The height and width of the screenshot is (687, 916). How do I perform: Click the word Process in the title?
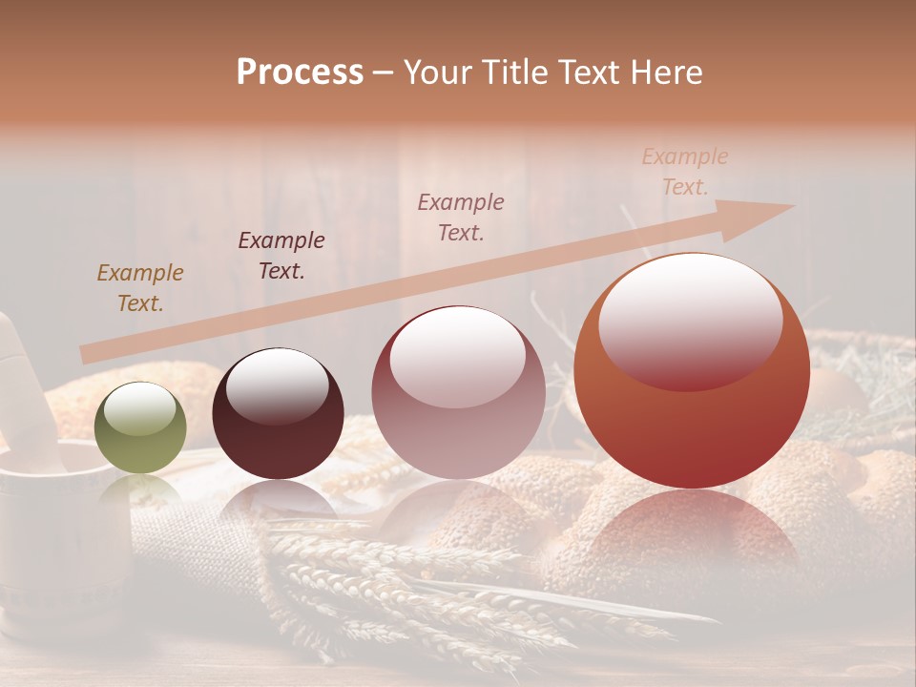(300, 73)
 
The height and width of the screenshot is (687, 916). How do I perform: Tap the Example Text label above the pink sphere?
(461, 217)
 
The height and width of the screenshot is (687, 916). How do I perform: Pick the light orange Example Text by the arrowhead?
(685, 172)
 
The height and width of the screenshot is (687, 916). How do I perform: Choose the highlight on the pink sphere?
(458, 355)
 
